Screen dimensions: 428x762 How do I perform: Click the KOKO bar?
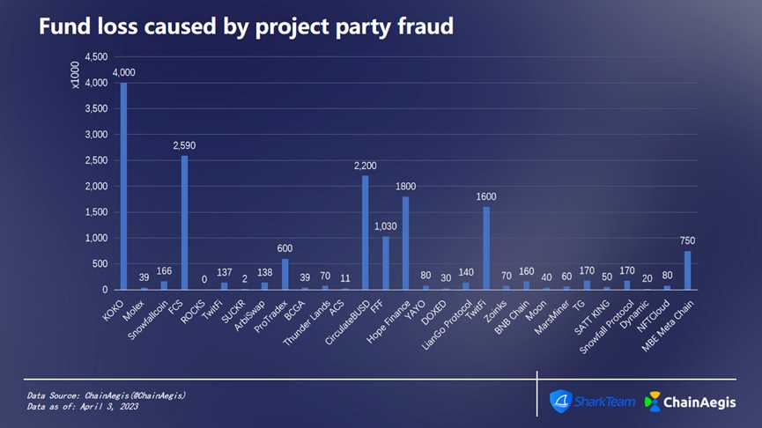click(x=123, y=186)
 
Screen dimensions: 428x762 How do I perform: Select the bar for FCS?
click(x=184, y=222)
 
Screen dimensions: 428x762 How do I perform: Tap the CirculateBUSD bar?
click(x=365, y=232)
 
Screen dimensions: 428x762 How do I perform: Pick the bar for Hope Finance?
click(x=405, y=243)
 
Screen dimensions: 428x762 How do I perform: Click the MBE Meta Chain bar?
click(x=687, y=270)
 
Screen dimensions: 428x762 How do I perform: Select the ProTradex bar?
click(x=285, y=274)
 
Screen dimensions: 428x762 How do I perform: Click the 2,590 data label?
click(x=184, y=145)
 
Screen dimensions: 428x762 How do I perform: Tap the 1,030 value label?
click(x=385, y=226)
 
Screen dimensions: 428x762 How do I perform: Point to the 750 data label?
click(x=688, y=240)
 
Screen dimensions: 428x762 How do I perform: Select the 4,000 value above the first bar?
click(x=124, y=72)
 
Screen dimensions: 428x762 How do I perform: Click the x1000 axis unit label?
click(x=76, y=77)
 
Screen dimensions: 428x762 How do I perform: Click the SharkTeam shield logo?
click(x=560, y=402)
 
